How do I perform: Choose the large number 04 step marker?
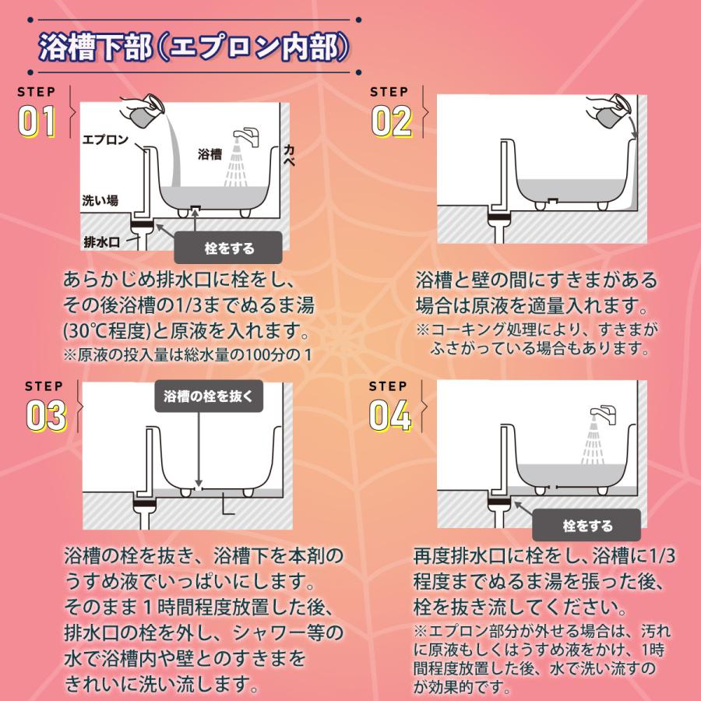pyautogui.click(x=391, y=415)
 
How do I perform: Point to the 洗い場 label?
pyautogui.click(x=100, y=200)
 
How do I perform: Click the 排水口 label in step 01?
pyautogui.click(x=101, y=241)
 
